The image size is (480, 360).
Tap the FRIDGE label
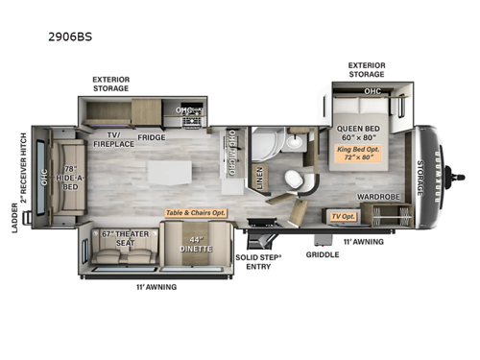click(x=152, y=137)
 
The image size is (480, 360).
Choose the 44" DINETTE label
click(x=198, y=242)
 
